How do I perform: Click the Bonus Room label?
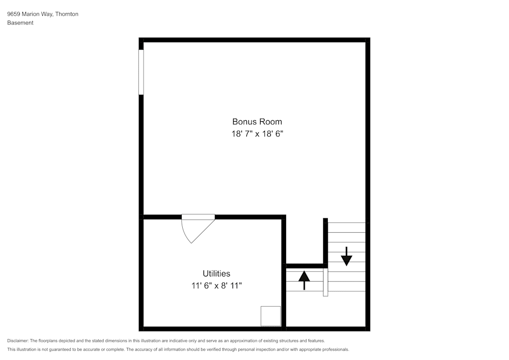(x=257, y=122)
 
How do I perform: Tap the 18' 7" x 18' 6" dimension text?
(x=257, y=134)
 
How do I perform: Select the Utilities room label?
(x=216, y=273)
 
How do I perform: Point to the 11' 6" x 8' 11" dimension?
(x=216, y=286)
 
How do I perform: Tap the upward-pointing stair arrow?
(x=304, y=280)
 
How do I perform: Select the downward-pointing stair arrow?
(x=347, y=256)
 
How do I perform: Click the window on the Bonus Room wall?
(x=141, y=72)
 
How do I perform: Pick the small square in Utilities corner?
(x=271, y=316)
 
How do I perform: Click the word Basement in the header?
(x=20, y=23)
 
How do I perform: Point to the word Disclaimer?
(x=18, y=341)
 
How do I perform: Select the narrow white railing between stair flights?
(x=326, y=282)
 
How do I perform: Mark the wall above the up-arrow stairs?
(x=305, y=266)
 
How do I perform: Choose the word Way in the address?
(x=46, y=14)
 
